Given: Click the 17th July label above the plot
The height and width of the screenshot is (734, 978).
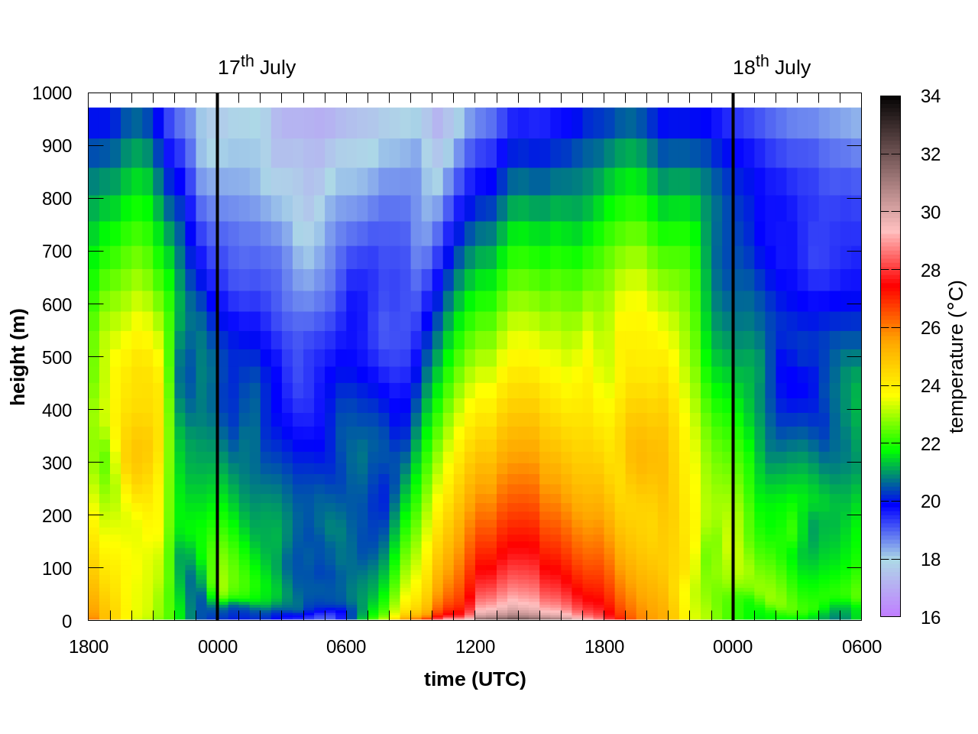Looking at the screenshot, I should [x=257, y=67].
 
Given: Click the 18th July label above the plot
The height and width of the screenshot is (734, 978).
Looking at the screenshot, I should [x=772, y=67].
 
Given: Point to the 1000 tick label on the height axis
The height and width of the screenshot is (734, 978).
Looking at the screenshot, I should [x=52, y=93].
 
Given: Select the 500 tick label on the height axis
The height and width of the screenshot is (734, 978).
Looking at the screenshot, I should [x=57, y=357].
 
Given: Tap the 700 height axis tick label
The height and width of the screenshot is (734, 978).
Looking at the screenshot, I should [x=57, y=252].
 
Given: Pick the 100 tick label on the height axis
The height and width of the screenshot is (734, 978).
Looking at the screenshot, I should [x=57, y=569].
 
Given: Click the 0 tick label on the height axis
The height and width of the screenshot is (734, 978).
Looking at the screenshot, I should [x=67, y=622].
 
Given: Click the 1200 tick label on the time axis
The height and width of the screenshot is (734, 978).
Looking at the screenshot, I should [x=475, y=647].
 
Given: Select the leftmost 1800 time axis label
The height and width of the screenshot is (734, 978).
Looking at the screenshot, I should [x=89, y=647].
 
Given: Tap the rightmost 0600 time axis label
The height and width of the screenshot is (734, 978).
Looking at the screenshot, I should [x=862, y=647].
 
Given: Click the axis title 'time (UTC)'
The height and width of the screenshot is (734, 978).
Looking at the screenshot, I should [x=475, y=679].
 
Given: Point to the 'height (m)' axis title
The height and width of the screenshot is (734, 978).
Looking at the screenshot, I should [x=18, y=357].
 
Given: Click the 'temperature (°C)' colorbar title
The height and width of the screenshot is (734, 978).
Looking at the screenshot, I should [x=957, y=357].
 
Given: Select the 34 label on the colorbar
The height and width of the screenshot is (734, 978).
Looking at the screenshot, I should [x=931, y=96].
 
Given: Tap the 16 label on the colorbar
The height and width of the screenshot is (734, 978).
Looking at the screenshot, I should [x=931, y=618].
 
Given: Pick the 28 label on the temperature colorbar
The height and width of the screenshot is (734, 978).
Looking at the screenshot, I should [x=931, y=271].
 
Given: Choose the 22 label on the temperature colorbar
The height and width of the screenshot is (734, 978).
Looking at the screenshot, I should [x=931, y=444].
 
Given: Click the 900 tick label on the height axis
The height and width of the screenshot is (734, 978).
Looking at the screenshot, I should [x=57, y=146].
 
